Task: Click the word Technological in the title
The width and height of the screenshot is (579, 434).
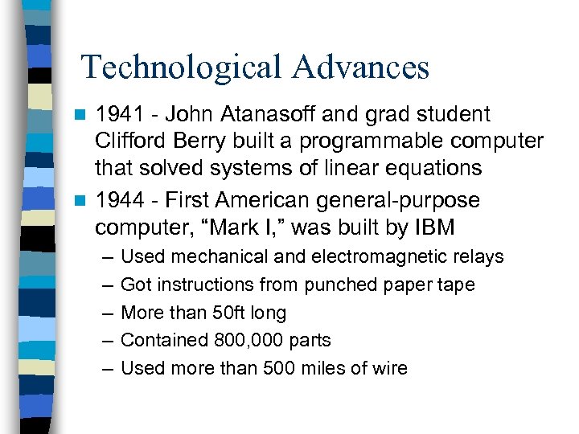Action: coord(183,68)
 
